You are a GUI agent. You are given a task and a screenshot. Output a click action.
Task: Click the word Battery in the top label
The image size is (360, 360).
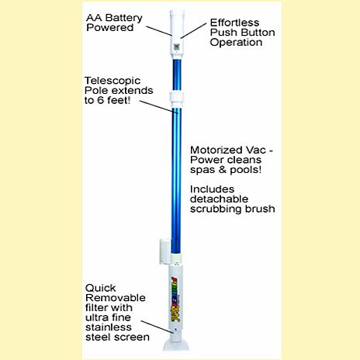[x=124, y=18]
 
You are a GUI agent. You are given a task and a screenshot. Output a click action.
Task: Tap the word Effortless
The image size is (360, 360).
[x=234, y=22]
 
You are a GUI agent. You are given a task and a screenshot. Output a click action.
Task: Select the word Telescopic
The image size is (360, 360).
[x=112, y=81]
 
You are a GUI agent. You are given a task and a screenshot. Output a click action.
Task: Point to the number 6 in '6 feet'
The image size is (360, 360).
[x=101, y=100]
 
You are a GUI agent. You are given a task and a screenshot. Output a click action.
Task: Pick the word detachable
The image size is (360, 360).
[x=219, y=199]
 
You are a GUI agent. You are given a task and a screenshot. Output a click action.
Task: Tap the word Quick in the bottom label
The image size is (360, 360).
[x=100, y=288]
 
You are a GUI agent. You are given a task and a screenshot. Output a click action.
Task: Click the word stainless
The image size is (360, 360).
[x=109, y=327]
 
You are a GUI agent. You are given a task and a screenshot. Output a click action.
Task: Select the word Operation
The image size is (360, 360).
[x=236, y=43]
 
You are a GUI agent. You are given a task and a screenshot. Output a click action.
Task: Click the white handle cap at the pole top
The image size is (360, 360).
[x=177, y=33]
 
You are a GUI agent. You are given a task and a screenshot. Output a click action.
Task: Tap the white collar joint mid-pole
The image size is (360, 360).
[x=177, y=100]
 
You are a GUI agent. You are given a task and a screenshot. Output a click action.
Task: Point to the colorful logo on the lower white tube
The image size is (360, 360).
[x=176, y=299]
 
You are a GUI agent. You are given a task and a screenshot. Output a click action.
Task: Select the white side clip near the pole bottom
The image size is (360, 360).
[x=164, y=251]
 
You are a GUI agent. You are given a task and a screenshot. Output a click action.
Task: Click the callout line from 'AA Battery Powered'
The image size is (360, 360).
[x=158, y=30]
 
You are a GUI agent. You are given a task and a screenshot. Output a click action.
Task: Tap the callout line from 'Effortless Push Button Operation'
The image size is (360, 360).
[x=194, y=30]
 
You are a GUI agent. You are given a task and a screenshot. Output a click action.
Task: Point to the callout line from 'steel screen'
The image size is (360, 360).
[x=157, y=327]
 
